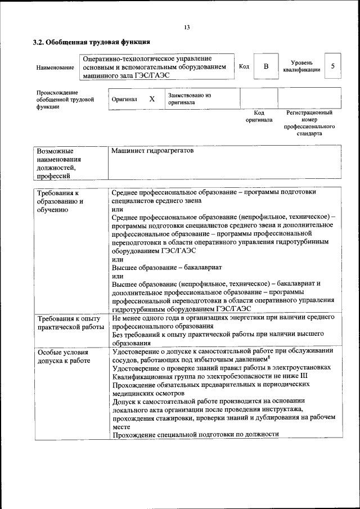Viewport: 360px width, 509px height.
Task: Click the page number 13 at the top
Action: point(187,28)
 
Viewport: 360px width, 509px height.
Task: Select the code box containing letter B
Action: point(266,66)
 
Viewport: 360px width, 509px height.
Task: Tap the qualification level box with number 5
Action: point(332,66)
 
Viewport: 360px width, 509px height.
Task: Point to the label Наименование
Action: point(55,67)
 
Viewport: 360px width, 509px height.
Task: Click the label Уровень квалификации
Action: point(302,66)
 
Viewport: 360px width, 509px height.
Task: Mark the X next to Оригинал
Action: point(152,99)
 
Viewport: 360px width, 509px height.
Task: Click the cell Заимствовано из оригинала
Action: point(190,99)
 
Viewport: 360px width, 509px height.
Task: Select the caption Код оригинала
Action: point(259,116)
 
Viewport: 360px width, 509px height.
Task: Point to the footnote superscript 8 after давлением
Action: point(270,357)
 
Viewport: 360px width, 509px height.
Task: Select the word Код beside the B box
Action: point(244,66)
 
